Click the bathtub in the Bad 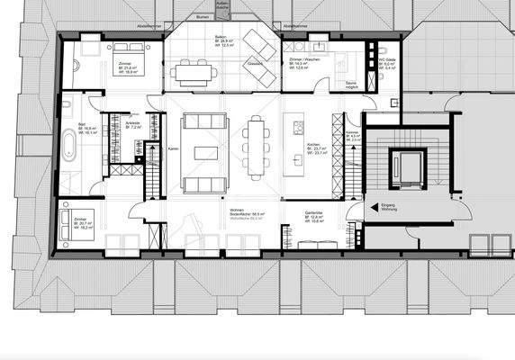pyautogui.click(x=70, y=144)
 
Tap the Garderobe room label pyautogui.click(x=315, y=216)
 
